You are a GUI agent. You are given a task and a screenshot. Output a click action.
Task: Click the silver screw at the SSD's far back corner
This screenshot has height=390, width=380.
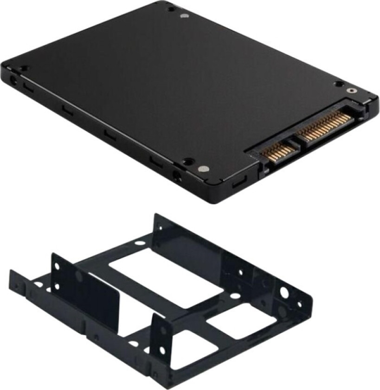pos(185,15)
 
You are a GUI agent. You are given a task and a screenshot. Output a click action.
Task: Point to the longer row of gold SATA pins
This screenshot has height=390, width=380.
pos(325,124)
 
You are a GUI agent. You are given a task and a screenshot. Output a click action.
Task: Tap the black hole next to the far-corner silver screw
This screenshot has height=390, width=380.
pos(172,9)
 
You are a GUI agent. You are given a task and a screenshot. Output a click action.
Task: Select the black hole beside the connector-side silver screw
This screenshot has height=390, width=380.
pos(339,84)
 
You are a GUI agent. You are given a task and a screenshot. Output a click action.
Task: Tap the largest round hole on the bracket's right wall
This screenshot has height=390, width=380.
pos(284,293)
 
